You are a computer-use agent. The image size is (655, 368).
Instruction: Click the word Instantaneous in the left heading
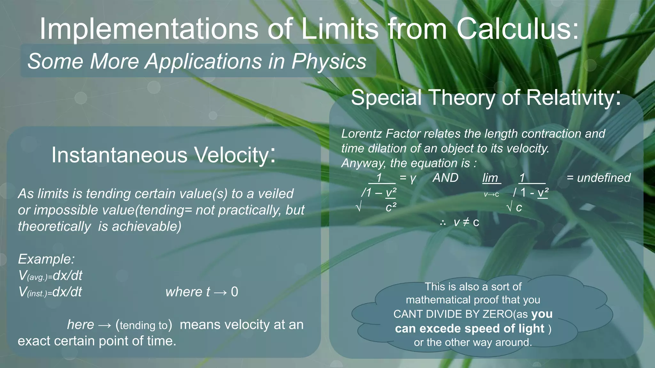[119, 155]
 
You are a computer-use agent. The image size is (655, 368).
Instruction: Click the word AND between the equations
[445, 178]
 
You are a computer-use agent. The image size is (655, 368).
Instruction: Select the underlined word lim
[490, 178]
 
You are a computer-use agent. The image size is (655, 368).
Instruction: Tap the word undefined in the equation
[604, 178]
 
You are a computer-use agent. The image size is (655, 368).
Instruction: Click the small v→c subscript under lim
[491, 195]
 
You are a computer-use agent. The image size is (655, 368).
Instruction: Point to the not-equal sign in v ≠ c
[466, 222]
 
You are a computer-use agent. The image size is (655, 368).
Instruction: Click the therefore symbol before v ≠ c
[443, 223]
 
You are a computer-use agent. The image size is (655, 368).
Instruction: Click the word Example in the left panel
[45, 259]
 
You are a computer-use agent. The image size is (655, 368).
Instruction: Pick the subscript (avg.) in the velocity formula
[38, 277]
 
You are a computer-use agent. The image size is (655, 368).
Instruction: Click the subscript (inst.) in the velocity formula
[37, 294]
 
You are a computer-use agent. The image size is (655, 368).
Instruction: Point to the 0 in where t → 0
[234, 292]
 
